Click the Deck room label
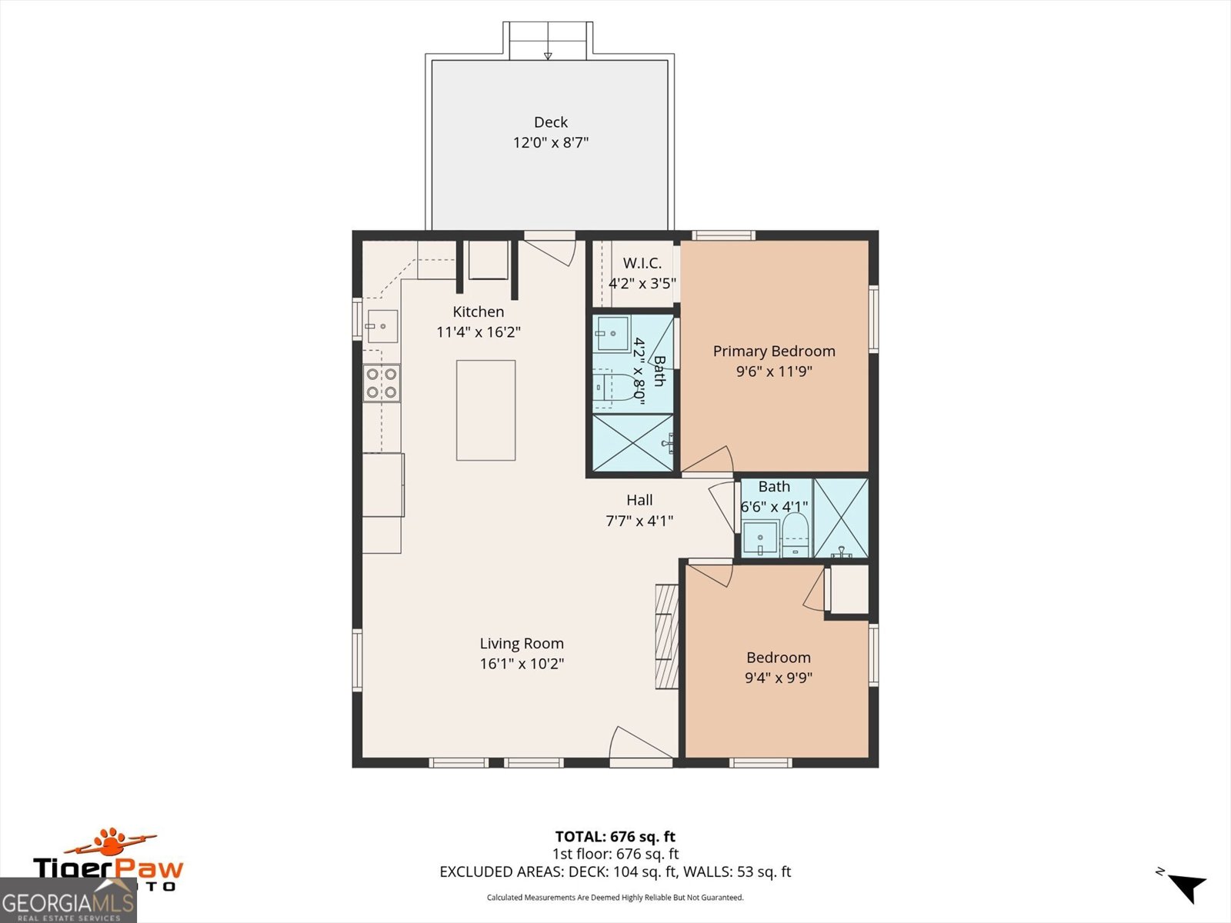[x=551, y=122]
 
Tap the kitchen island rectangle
[x=485, y=410]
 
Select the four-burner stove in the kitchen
[x=382, y=383]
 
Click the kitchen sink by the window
[x=382, y=326]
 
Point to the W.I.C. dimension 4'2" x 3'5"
[x=642, y=283]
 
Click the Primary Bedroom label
[x=774, y=351]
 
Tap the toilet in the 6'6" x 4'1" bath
[x=796, y=535]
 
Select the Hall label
[x=639, y=500]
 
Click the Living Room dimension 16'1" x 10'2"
[x=522, y=664]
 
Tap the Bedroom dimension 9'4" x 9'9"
[x=779, y=678]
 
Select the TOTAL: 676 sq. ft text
[x=615, y=836]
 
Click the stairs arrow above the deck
[x=548, y=54]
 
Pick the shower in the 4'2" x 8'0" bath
[x=631, y=443]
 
